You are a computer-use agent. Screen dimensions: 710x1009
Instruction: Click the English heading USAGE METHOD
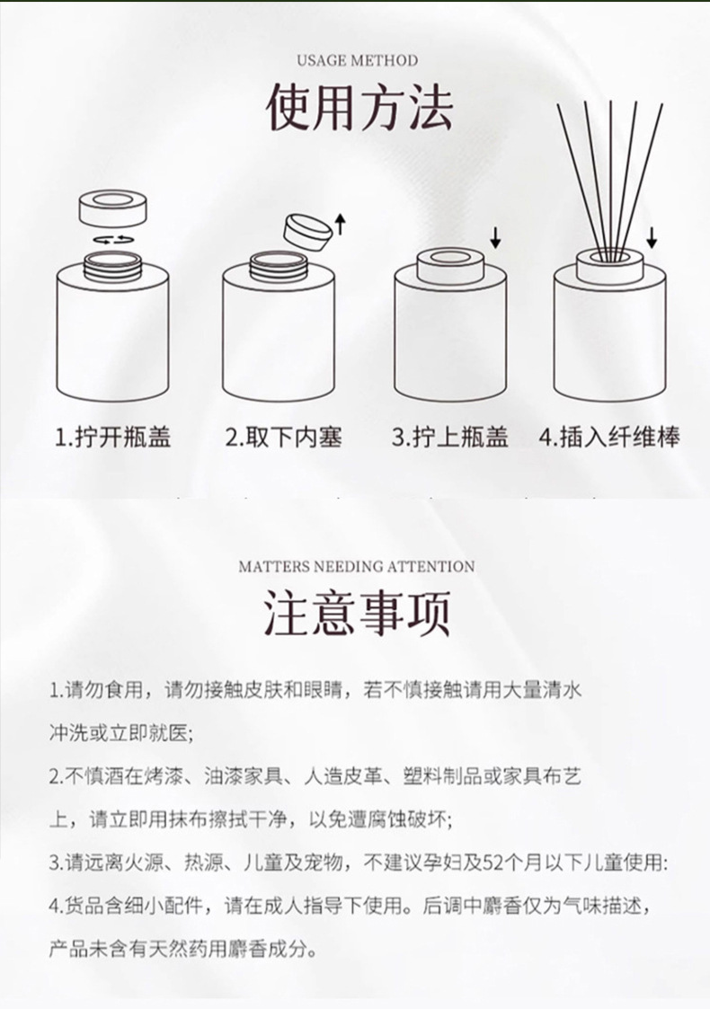358,60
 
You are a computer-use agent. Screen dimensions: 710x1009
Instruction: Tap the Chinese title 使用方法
359,107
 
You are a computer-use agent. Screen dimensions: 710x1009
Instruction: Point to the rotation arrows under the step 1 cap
113,239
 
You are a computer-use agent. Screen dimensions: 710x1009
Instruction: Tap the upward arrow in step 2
341,225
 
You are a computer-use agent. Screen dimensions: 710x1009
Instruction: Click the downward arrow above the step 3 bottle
495,238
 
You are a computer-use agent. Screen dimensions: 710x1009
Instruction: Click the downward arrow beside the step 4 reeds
652,237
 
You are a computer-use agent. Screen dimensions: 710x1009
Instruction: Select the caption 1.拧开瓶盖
112,437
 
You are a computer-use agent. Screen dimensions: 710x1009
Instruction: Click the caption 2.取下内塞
283,437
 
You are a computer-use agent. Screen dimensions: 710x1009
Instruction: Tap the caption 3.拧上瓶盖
450,437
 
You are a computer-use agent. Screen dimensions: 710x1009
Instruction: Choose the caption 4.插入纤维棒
609,437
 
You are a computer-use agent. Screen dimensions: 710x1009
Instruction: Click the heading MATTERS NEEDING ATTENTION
357,567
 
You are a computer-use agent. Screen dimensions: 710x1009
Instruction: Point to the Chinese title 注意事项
357,614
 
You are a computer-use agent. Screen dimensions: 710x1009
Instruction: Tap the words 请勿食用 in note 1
103,690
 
